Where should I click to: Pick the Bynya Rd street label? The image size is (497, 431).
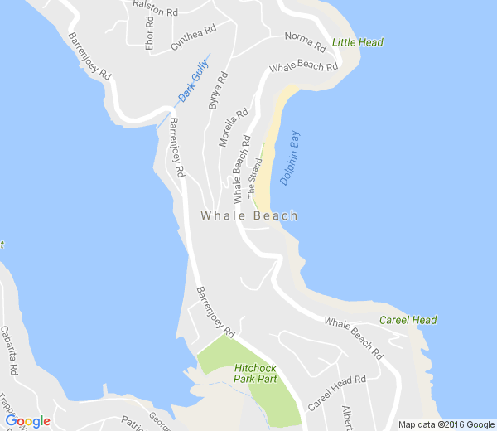217,92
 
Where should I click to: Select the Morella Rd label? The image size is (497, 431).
234,128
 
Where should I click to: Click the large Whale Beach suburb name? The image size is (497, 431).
248,215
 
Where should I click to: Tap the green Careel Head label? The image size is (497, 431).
408,320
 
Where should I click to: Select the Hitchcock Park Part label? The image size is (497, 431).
255,373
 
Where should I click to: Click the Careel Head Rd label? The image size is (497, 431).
336,394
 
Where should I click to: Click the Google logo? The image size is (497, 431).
27,421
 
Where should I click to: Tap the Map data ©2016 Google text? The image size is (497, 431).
445,424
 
